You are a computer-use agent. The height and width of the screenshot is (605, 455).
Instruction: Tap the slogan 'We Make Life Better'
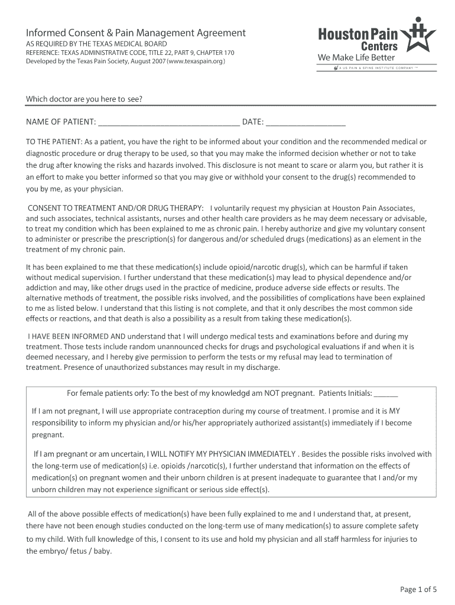point(356,57)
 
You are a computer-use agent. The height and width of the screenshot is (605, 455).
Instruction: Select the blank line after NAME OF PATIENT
point(168,123)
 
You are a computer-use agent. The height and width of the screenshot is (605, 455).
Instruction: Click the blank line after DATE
point(305,123)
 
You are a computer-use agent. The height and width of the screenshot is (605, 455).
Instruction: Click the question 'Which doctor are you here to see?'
point(83,99)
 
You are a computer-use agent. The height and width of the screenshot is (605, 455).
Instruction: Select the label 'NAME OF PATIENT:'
point(61,122)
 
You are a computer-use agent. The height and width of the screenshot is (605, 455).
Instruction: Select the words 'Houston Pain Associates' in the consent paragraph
point(373,208)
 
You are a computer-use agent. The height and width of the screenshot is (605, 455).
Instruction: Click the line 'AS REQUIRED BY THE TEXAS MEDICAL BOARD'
point(96,44)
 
